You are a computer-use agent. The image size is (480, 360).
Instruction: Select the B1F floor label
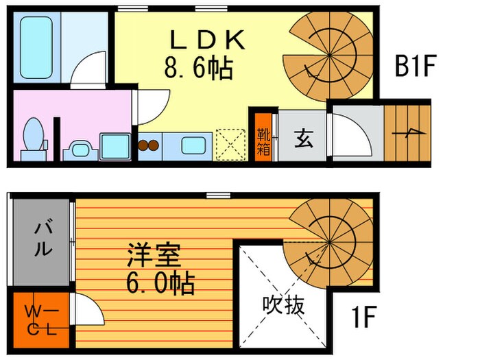point(416,66)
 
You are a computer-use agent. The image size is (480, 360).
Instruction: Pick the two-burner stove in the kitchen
point(149,145)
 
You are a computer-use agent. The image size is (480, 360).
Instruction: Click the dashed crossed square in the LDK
point(229,144)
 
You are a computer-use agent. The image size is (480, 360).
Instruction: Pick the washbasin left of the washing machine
point(77,149)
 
